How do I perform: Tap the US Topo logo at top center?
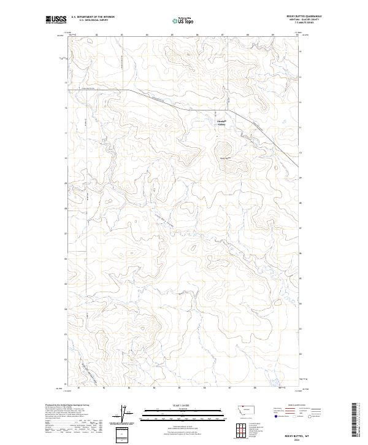pyautogui.click(x=184, y=21)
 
